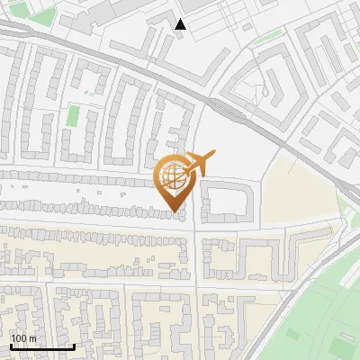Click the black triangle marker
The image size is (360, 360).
coord(181,24)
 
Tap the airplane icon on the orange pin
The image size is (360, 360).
coord(200,165)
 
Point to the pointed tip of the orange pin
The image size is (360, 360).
coord(175,212)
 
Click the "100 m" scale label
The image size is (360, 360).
coord(24,338)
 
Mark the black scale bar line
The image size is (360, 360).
coord(42,346)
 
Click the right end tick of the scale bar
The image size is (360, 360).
coord(74,346)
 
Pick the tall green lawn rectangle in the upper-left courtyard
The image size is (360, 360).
coord(73,116)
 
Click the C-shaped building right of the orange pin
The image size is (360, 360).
coord(225,202)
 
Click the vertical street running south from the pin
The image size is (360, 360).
coord(196,270)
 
